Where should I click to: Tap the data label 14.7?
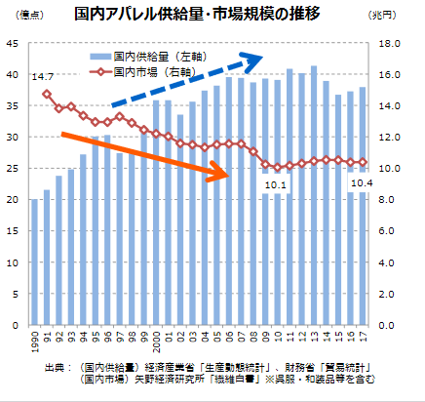(x=42, y=76)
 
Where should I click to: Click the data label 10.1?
(x=276, y=184)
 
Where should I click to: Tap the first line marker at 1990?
(x=47, y=94)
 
